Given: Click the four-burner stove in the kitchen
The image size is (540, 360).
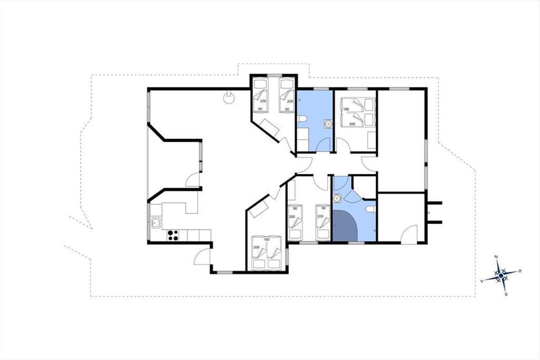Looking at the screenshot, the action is pos(173,235).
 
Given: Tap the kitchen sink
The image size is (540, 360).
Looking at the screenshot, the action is pos(156,223).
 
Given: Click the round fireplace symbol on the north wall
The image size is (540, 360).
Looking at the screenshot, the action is pos(229,98).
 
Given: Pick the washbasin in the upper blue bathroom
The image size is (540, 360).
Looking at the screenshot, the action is pos(328,123).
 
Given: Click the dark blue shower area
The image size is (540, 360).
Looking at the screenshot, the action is pos(344,225).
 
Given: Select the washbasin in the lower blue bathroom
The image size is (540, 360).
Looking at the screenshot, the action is pos(337,198).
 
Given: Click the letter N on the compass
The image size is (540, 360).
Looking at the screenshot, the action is pos(496,257).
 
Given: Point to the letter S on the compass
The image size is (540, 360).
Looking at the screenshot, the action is pos(506,294).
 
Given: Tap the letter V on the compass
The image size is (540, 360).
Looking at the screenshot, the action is pos(481,281).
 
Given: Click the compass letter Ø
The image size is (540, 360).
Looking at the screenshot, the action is pos(520,271).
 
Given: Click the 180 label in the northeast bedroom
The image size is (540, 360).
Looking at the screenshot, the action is pos(346,109).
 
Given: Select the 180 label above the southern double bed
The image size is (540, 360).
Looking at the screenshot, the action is pos(266,240).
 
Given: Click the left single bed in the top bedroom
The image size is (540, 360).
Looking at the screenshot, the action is pos(261,95).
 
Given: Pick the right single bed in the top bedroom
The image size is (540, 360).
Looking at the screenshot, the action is pos(287,95).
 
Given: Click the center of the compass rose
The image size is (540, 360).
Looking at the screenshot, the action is pos(501,275).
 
